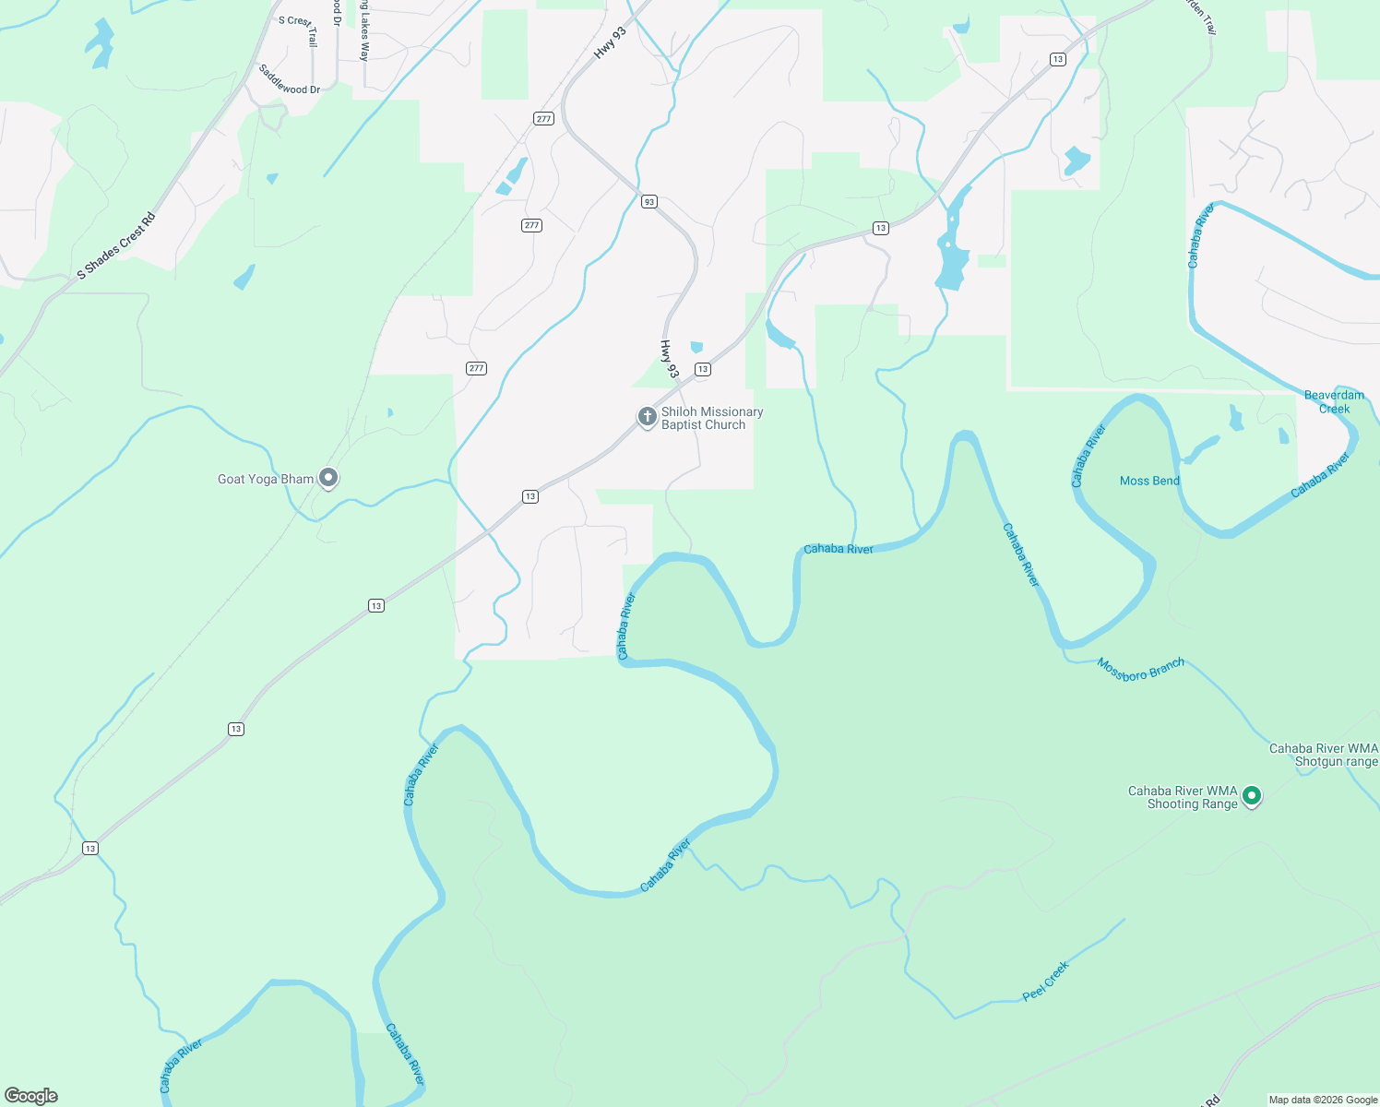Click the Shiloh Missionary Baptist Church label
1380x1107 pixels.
point(711,419)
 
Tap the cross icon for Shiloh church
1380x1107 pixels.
point(648,418)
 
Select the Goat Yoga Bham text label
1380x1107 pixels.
point(266,480)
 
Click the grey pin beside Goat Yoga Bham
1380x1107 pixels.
point(328,478)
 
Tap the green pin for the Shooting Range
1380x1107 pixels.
point(1252,795)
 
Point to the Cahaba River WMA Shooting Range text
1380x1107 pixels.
point(1183,798)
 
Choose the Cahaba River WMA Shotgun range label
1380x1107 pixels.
point(1324,756)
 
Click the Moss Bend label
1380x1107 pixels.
point(1149,481)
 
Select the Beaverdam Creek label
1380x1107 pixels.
point(1334,402)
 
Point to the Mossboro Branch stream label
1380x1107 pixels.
point(1141,670)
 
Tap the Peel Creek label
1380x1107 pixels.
point(1045,981)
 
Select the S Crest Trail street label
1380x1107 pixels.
point(299,28)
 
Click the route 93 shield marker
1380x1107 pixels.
point(649,202)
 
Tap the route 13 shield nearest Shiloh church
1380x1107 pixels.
point(703,369)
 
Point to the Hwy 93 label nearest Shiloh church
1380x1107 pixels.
point(669,359)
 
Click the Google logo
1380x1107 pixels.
point(31,1096)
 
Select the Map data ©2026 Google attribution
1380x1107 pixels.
point(1323,1100)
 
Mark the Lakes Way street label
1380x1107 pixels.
point(364,32)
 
